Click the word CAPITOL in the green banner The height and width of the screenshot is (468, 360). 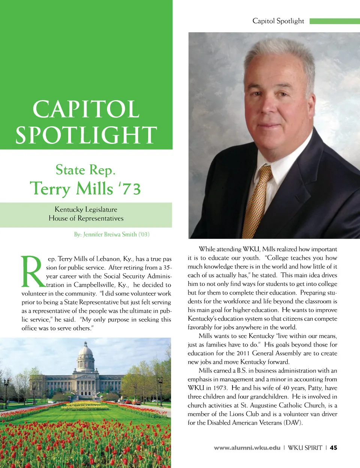[x=86, y=109]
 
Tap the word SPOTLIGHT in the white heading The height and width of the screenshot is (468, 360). [x=86, y=135]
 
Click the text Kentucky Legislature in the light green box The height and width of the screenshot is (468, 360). [x=86, y=209]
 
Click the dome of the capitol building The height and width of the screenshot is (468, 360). [x=85, y=351]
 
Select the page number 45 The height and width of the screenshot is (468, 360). [x=333, y=447]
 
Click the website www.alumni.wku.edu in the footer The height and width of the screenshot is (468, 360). [x=247, y=447]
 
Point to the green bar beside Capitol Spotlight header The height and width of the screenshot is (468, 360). [x=334, y=21]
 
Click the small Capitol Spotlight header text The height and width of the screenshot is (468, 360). [x=278, y=21]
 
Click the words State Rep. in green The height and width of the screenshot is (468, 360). [x=85, y=170]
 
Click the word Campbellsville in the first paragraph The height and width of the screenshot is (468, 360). [x=94, y=285]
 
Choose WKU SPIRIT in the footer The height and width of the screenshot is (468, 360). [x=305, y=447]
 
